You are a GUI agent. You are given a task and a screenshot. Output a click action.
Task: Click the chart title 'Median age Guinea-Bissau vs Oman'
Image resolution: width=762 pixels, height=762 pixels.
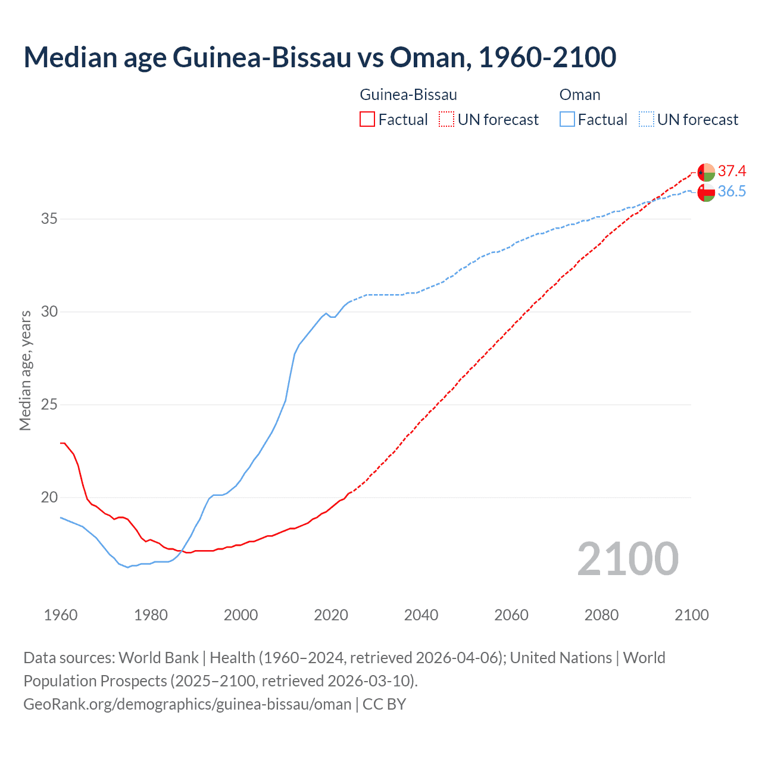point(320,58)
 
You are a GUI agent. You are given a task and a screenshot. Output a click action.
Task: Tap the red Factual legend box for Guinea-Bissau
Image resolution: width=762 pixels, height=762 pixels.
point(367,120)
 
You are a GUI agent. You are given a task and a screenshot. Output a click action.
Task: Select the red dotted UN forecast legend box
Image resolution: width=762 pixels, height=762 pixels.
point(446,120)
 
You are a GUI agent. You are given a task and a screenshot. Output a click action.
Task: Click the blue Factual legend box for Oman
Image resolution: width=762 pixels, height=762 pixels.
point(567,120)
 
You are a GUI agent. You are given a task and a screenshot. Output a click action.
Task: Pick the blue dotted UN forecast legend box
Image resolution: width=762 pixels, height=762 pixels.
point(646,120)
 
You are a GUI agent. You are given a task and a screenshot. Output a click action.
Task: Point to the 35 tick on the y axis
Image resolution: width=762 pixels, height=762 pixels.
point(49,219)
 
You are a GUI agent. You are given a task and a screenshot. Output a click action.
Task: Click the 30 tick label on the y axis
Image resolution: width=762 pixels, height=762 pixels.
point(49,312)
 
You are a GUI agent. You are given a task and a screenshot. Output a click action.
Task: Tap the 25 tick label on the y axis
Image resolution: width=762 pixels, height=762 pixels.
point(49,405)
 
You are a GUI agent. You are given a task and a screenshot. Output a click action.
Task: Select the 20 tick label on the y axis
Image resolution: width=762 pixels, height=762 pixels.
point(49,498)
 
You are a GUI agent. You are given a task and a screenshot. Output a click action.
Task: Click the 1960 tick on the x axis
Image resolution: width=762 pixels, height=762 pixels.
point(61,615)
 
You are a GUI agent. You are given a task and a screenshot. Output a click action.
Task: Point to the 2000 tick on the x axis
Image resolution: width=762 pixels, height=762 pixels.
point(241,615)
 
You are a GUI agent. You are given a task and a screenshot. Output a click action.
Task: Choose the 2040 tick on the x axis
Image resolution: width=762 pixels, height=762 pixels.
point(421,615)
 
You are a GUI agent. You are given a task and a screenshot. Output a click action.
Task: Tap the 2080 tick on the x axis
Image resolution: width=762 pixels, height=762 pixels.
point(601,615)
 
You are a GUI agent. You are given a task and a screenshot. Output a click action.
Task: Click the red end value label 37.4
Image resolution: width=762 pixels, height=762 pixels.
point(732,171)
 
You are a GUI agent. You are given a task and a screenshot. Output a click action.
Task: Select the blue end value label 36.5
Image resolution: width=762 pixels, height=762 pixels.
point(732,192)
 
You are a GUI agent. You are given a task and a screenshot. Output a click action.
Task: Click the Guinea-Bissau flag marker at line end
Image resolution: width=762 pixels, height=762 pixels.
point(706,172)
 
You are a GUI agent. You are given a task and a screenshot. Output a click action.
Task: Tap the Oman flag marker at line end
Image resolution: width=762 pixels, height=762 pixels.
point(706,193)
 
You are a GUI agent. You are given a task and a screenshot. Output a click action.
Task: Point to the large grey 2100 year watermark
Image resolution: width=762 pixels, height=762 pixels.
point(627,559)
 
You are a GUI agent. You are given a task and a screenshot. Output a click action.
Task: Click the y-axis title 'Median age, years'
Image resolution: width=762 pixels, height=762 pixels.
point(25,370)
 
